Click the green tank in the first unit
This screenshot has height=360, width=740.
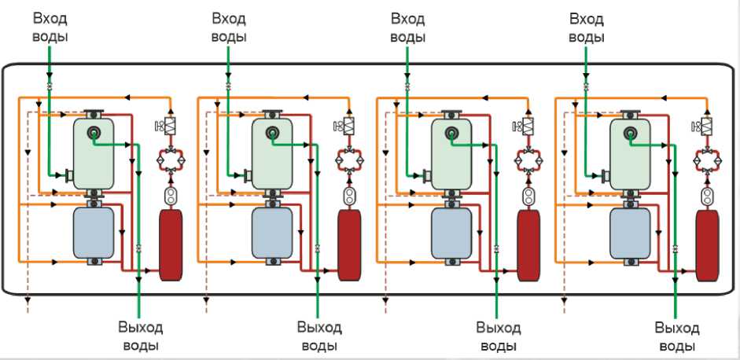(x=93, y=153)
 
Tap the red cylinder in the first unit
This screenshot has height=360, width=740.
(x=170, y=244)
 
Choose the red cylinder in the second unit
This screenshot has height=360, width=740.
(x=348, y=244)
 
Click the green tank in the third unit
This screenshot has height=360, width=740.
(x=451, y=153)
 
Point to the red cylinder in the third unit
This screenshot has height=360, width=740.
(x=528, y=244)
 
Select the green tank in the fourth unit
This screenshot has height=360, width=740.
(x=629, y=153)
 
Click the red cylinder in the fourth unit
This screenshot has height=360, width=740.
(x=706, y=244)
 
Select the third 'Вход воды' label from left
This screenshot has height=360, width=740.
(x=408, y=27)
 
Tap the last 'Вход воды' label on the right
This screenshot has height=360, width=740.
(x=587, y=27)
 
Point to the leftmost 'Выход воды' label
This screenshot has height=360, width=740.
(x=139, y=336)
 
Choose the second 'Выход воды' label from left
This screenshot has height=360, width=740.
(x=318, y=336)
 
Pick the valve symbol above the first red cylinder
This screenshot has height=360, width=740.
(x=170, y=126)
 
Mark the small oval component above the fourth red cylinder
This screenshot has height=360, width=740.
(x=706, y=193)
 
